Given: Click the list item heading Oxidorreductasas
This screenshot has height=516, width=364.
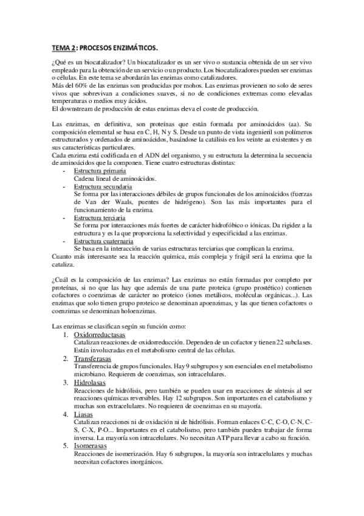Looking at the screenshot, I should tap(100, 335).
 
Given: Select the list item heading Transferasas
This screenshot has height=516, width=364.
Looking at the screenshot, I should tap(95, 359).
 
